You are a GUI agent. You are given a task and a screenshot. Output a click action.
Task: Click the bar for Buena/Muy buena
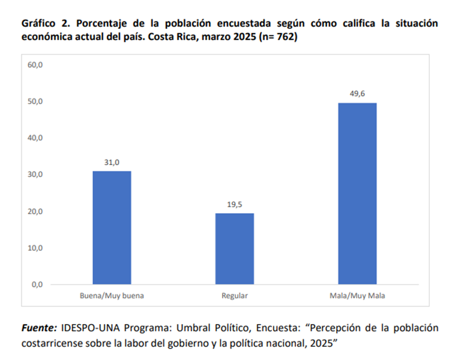(x=112, y=227)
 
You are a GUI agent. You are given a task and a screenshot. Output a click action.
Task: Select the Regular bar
(x=235, y=248)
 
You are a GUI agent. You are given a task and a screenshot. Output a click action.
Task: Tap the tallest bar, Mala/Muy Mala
(x=357, y=193)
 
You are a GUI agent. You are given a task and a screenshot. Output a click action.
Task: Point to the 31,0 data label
(x=112, y=163)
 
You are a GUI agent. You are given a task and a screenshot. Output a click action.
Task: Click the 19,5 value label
(x=235, y=205)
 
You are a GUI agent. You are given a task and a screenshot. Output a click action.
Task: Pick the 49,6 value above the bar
(x=357, y=94)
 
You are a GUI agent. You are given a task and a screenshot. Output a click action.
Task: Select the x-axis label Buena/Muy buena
(x=112, y=296)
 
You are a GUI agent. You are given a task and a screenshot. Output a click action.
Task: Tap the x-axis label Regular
(x=235, y=296)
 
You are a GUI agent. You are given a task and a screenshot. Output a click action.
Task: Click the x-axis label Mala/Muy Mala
(x=357, y=296)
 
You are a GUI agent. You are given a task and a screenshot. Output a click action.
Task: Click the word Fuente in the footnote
(x=38, y=328)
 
